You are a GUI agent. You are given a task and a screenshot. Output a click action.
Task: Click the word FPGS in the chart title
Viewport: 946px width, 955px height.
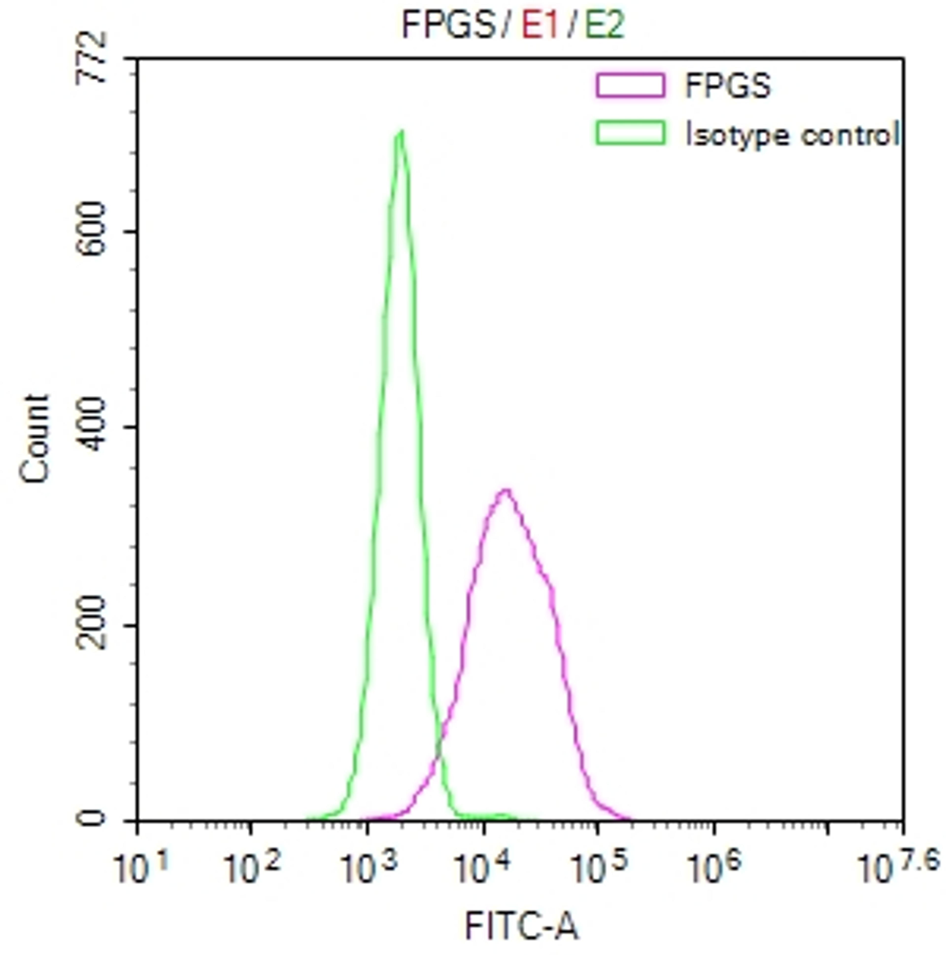click(x=448, y=25)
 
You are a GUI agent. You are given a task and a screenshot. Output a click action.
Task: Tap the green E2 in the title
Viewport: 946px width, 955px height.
click(x=604, y=25)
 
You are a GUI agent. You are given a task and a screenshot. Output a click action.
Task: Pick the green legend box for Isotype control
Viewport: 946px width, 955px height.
click(x=630, y=133)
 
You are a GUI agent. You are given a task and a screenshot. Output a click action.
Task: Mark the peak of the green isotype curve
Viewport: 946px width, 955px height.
click(x=401, y=132)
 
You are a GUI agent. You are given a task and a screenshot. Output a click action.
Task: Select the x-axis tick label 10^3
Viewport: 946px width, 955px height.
click(x=368, y=866)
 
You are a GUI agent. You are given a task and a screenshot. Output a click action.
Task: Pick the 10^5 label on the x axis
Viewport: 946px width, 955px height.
click(x=599, y=866)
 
